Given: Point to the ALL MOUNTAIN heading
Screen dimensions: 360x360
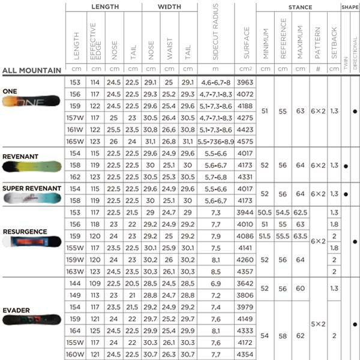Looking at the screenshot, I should (x=31, y=70).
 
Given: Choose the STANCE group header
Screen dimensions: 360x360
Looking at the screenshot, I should (x=298, y=7).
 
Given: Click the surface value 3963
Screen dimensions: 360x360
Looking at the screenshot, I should (x=245, y=82).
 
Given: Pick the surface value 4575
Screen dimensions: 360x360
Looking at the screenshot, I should (x=245, y=141).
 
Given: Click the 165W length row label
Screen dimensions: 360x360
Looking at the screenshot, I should (x=74, y=141).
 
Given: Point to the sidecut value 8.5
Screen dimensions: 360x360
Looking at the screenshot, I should (x=215, y=271).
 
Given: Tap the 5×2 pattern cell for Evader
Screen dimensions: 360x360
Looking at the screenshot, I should (x=317, y=323).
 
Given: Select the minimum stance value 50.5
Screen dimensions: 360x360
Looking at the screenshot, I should (x=265, y=212).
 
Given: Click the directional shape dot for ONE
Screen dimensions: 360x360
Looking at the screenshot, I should (x=355, y=112).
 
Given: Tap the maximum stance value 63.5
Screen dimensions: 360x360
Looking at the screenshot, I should (x=300, y=236).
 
